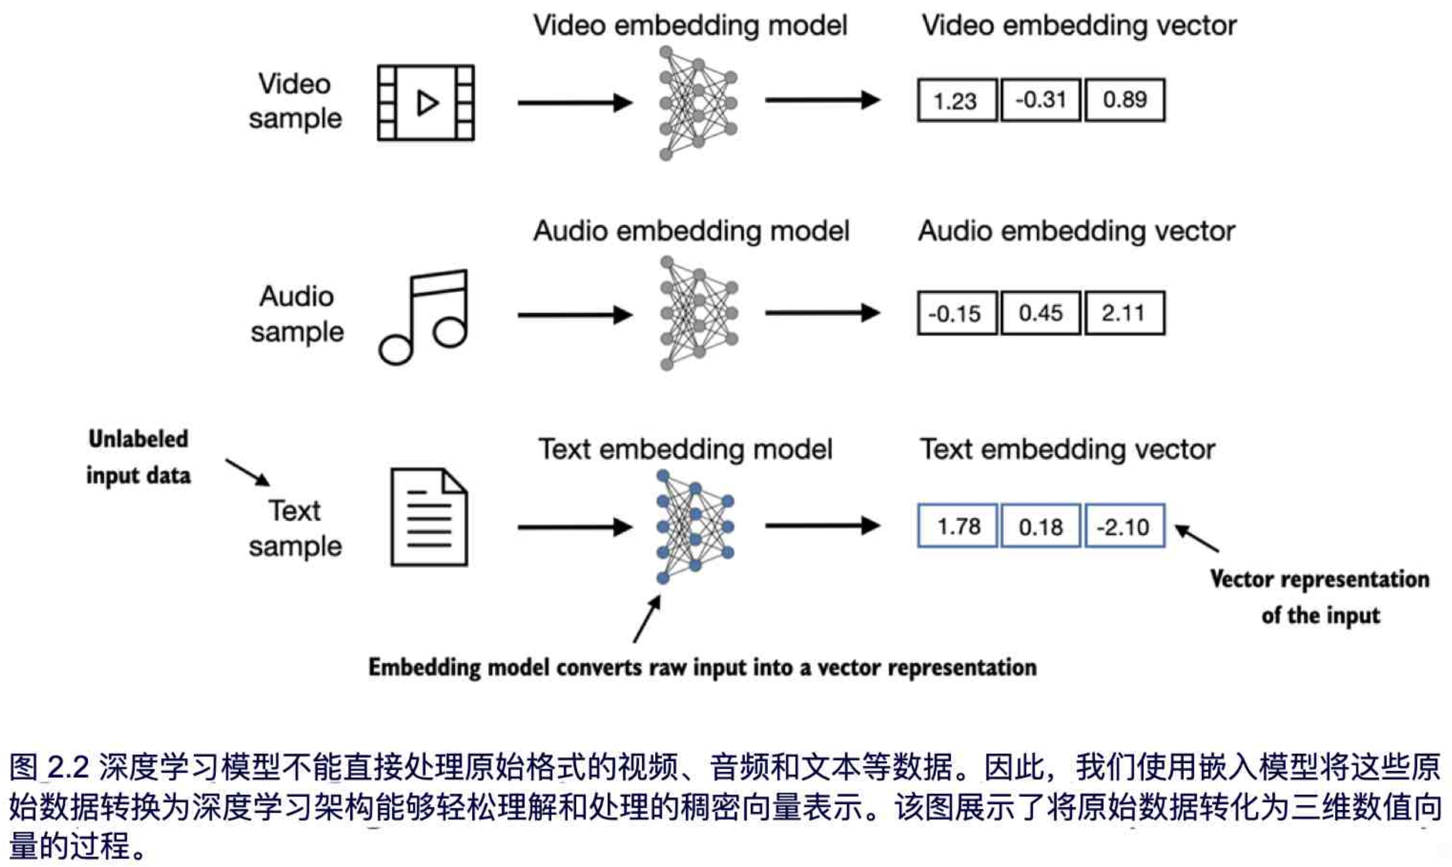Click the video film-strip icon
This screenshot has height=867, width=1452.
[426, 103]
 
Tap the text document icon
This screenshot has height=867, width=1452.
[429, 518]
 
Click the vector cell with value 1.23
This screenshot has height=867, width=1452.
[957, 100]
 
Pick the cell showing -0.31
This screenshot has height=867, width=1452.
[1041, 100]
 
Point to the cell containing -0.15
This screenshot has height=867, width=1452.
[957, 313]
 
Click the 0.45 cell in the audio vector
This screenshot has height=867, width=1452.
[1041, 313]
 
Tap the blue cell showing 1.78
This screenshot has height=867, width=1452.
[957, 526]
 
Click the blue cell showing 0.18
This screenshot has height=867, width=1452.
[1041, 526]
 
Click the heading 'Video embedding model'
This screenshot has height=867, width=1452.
[690, 26]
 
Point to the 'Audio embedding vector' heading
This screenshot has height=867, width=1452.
[1076, 231]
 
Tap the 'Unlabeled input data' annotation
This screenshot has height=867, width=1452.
[138, 457]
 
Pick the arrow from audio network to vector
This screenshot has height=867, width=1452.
[822, 313]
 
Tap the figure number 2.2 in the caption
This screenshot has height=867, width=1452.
[68, 767]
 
